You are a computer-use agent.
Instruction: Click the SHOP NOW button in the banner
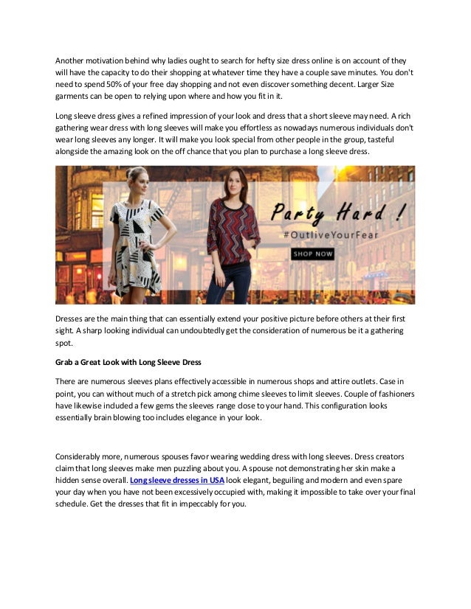coord(313,254)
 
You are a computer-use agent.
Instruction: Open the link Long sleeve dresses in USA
coord(177,480)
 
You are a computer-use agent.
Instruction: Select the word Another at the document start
coord(73,60)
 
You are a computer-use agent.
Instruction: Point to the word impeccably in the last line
coord(186,504)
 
